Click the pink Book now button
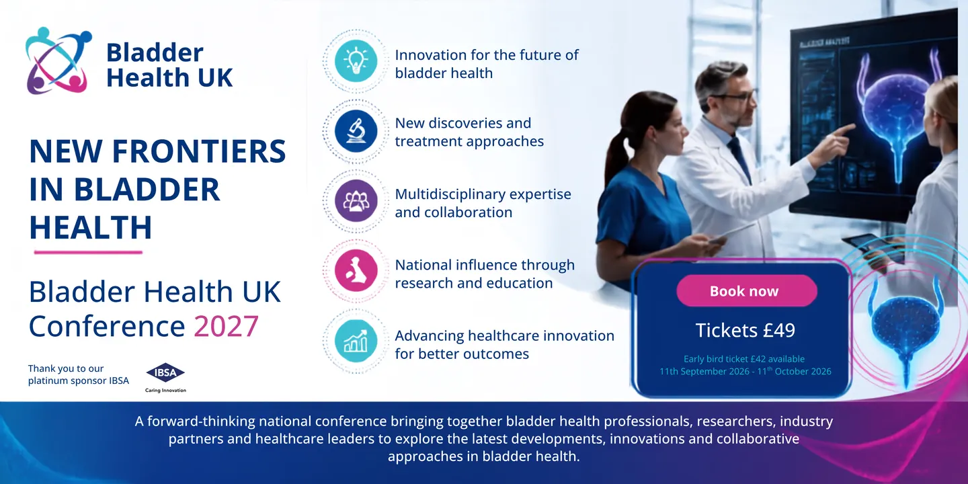coord(747,291)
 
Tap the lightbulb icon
coord(356,61)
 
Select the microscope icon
coord(356,131)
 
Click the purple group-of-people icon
coord(356,201)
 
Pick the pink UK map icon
coord(356,271)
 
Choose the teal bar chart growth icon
coord(356,341)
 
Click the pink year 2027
coord(226,326)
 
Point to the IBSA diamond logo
coord(165,372)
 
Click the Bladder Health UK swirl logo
coord(58,61)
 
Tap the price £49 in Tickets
coord(778,331)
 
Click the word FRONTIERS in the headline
coord(199,152)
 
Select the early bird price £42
coord(759,359)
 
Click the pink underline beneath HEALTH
coord(88,252)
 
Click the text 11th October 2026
coord(795,371)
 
